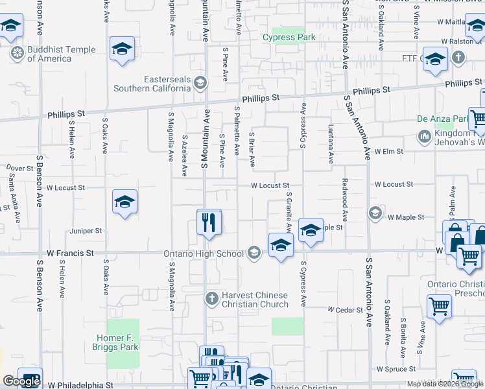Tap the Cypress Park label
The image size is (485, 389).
[289, 37]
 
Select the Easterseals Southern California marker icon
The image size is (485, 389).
[200, 82]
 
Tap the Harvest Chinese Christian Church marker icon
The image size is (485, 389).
[211, 299]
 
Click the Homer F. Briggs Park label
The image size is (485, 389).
[117, 342]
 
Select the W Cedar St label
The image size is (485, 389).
[345, 310]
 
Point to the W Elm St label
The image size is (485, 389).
[388, 151]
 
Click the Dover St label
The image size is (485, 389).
[20, 168]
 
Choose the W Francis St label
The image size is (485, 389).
[70, 253]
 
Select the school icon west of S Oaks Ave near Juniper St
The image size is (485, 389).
[124, 202]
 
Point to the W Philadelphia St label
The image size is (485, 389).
[80, 385]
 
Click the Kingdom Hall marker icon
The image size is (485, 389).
[425, 137]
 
